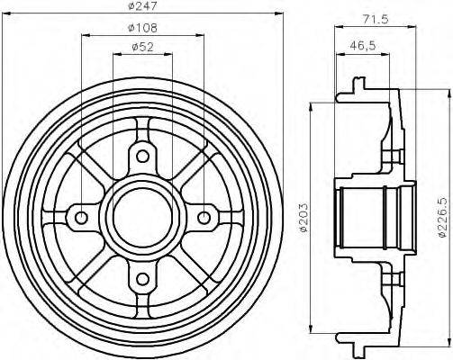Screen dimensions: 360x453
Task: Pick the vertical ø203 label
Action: (x=304, y=216)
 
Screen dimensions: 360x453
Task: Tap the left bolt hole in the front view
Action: (x=82, y=217)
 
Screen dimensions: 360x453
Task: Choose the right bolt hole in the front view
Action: (x=204, y=217)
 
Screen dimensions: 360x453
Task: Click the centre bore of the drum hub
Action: (x=142, y=217)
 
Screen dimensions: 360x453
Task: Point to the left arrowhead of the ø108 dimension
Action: (x=86, y=35)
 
